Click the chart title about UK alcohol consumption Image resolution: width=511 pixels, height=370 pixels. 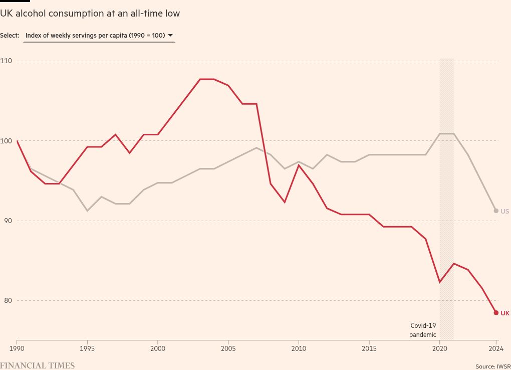[90, 14]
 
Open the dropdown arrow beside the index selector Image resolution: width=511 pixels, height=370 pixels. [170, 36]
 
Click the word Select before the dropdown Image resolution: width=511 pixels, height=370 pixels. [10, 36]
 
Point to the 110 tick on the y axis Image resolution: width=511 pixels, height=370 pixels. [7, 61]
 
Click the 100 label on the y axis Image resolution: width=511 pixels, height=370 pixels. [7, 141]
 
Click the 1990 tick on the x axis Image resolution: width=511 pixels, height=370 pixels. [17, 348]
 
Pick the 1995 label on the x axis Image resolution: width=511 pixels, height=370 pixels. [88, 348]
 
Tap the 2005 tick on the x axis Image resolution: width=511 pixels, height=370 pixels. [228, 348]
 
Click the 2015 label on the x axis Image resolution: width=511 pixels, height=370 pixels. [369, 348]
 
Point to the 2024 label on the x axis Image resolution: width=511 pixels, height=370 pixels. [496, 348]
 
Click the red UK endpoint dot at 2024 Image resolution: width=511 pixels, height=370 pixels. [496, 313]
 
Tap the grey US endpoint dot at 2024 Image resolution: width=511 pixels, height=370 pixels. [496, 211]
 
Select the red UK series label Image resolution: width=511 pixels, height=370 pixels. [505, 313]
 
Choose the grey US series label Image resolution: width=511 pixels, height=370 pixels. [505, 211]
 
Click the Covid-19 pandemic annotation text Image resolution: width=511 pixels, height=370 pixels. [423, 330]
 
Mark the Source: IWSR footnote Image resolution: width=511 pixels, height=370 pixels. [493, 366]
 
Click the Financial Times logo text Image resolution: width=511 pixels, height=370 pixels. [38, 365]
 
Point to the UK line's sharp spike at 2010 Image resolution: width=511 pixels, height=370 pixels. [299, 165]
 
